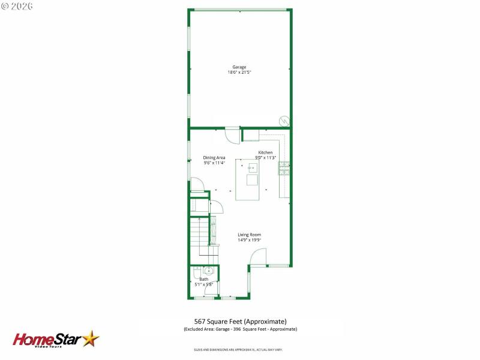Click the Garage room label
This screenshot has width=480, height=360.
(239, 67)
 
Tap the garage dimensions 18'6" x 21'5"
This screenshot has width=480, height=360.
(239, 72)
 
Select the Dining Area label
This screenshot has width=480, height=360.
(214, 157)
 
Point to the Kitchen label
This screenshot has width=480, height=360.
(265, 152)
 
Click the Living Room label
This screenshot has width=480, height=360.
(249, 235)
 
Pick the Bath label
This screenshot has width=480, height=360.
(204, 279)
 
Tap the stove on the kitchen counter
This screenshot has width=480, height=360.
(284, 169)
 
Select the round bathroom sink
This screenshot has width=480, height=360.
(208, 271)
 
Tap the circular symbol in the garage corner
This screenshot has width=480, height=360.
(283, 121)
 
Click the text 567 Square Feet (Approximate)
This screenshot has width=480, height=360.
(240, 321)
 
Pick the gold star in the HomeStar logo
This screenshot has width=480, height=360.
(91, 338)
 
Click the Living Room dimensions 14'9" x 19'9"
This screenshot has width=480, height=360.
(249, 240)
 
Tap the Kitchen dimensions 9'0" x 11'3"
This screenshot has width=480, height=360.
(265, 158)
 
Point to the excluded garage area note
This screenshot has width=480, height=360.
(240, 329)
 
